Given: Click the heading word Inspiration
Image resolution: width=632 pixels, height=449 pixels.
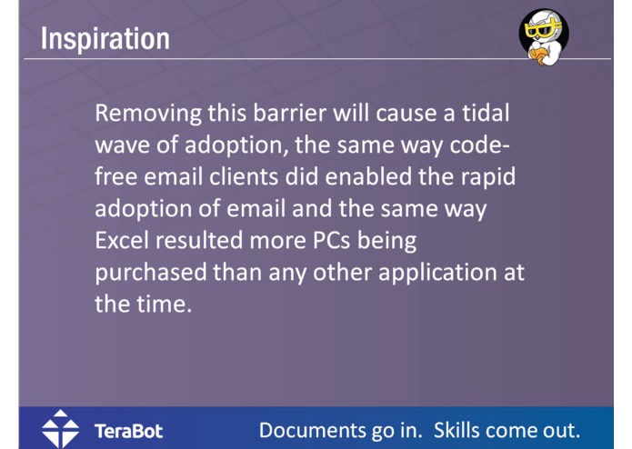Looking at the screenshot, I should pyautogui.click(x=105, y=38).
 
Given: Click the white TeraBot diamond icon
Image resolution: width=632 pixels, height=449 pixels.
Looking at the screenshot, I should pyautogui.click(x=60, y=429).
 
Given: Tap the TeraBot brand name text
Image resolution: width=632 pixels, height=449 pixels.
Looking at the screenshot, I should pyautogui.click(x=128, y=430).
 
